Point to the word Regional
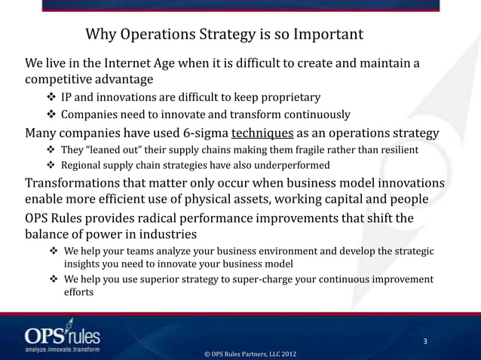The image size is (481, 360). (83, 166)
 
